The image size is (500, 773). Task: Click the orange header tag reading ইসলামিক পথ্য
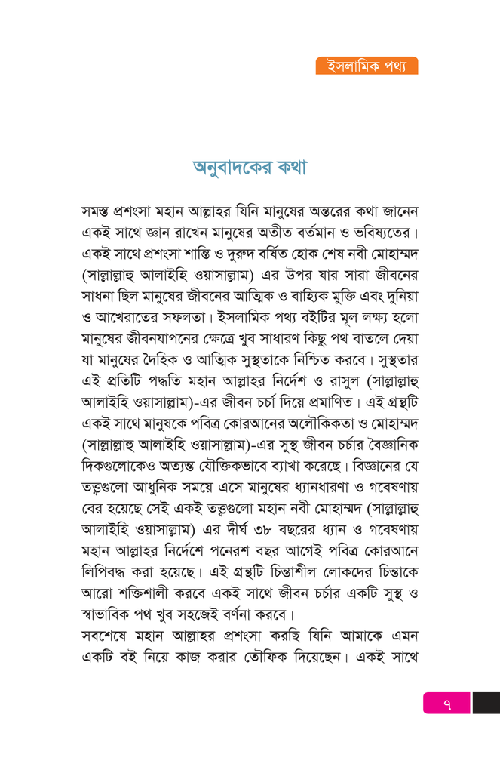tap(367, 66)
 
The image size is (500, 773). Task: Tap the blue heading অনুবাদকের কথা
tap(250, 168)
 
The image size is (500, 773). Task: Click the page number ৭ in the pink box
tap(446, 703)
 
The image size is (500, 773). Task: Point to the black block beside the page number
tap(486, 703)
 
